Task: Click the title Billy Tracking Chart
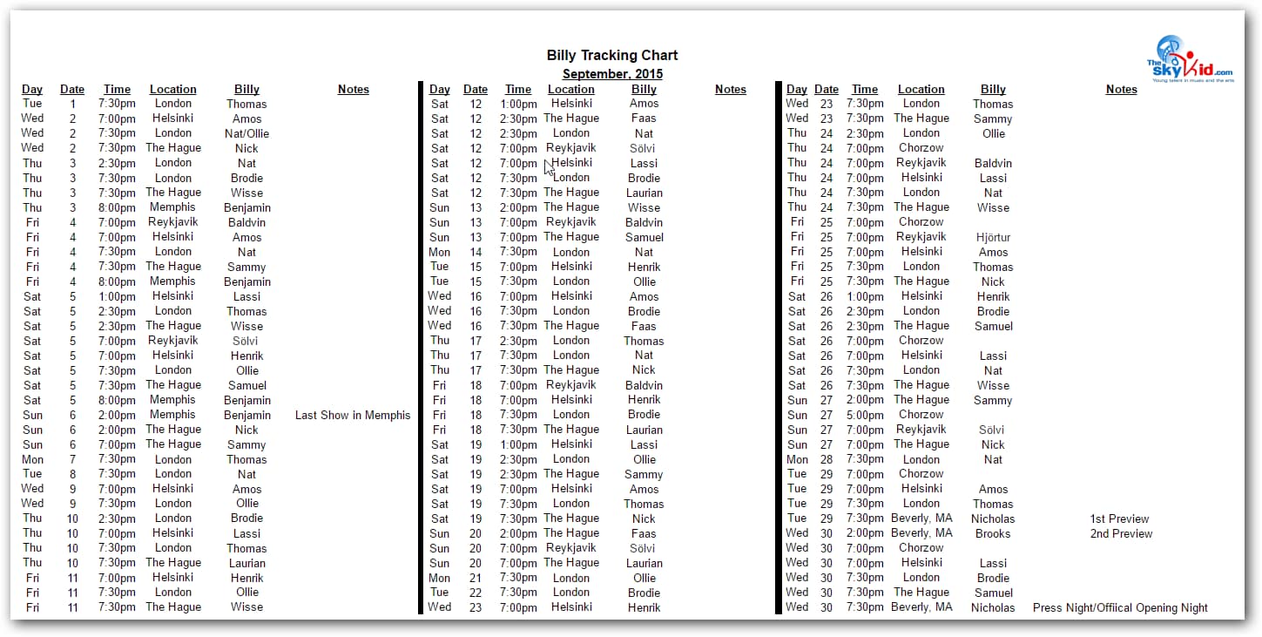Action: tap(612, 56)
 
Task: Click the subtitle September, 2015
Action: tap(612, 74)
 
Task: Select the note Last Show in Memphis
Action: tap(353, 416)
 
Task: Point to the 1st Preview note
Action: tap(1119, 519)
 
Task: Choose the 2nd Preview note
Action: tap(1121, 534)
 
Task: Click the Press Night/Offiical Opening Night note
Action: tap(1120, 608)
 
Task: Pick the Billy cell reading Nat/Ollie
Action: tap(246, 134)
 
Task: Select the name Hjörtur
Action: tap(993, 238)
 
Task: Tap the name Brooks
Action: tap(993, 534)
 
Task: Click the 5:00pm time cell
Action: tap(865, 416)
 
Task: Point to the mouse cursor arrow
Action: tap(549, 166)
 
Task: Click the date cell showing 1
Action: tap(72, 105)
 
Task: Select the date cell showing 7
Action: tap(72, 460)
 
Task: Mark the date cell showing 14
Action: tap(476, 253)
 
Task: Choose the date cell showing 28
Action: tap(827, 460)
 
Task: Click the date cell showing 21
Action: tap(476, 579)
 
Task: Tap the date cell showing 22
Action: tap(476, 593)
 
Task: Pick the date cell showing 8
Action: tap(72, 475)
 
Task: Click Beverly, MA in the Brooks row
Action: tap(921, 533)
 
